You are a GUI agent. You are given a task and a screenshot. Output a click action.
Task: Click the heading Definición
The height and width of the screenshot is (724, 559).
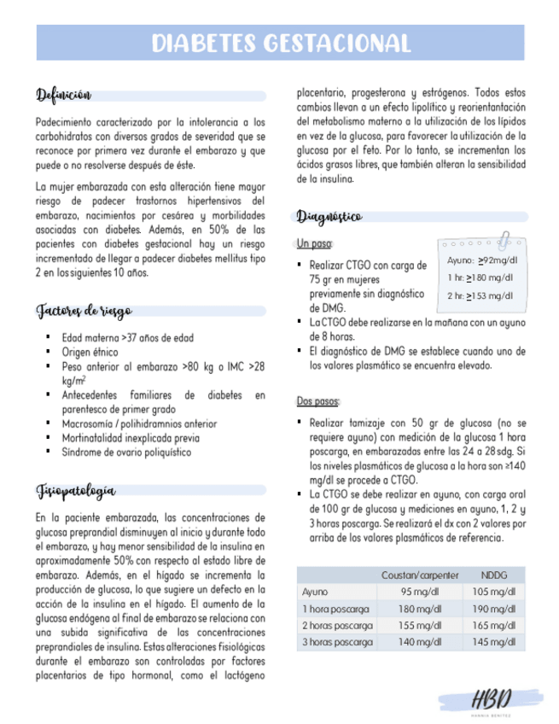click(x=63, y=94)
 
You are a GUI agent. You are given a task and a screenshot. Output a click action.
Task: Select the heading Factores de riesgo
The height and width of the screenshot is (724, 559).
click(x=84, y=311)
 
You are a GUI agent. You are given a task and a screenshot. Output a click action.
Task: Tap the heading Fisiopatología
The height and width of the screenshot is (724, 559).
click(x=76, y=491)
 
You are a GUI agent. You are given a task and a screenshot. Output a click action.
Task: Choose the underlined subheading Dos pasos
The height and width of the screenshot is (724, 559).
click(x=317, y=400)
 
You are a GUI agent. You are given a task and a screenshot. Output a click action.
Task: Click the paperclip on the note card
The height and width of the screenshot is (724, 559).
click(x=505, y=239)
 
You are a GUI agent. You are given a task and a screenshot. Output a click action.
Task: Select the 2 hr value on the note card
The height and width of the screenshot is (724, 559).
click(x=480, y=295)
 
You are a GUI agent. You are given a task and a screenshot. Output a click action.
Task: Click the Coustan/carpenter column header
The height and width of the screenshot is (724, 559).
click(x=420, y=575)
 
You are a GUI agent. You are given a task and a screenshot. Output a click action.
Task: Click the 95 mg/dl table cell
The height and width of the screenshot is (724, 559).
click(x=420, y=592)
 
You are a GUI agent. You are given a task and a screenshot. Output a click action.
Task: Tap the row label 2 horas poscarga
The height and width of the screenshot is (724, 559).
click(x=336, y=626)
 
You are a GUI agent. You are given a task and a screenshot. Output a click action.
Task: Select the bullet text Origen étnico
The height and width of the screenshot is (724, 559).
click(x=90, y=352)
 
